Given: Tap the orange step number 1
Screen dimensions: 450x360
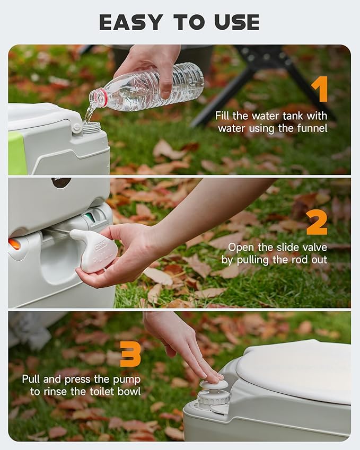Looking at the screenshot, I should point(319,89).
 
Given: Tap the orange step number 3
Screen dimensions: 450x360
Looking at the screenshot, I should point(130,354).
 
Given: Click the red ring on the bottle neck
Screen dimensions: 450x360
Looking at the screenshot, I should point(100,98).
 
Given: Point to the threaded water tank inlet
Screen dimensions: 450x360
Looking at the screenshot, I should point(91,127).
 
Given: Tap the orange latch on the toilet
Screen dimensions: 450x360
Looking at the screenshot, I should point(14,244).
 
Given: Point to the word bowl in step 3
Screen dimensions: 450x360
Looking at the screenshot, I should point(128,392).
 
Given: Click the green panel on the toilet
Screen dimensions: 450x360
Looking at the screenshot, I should point(16,153).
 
